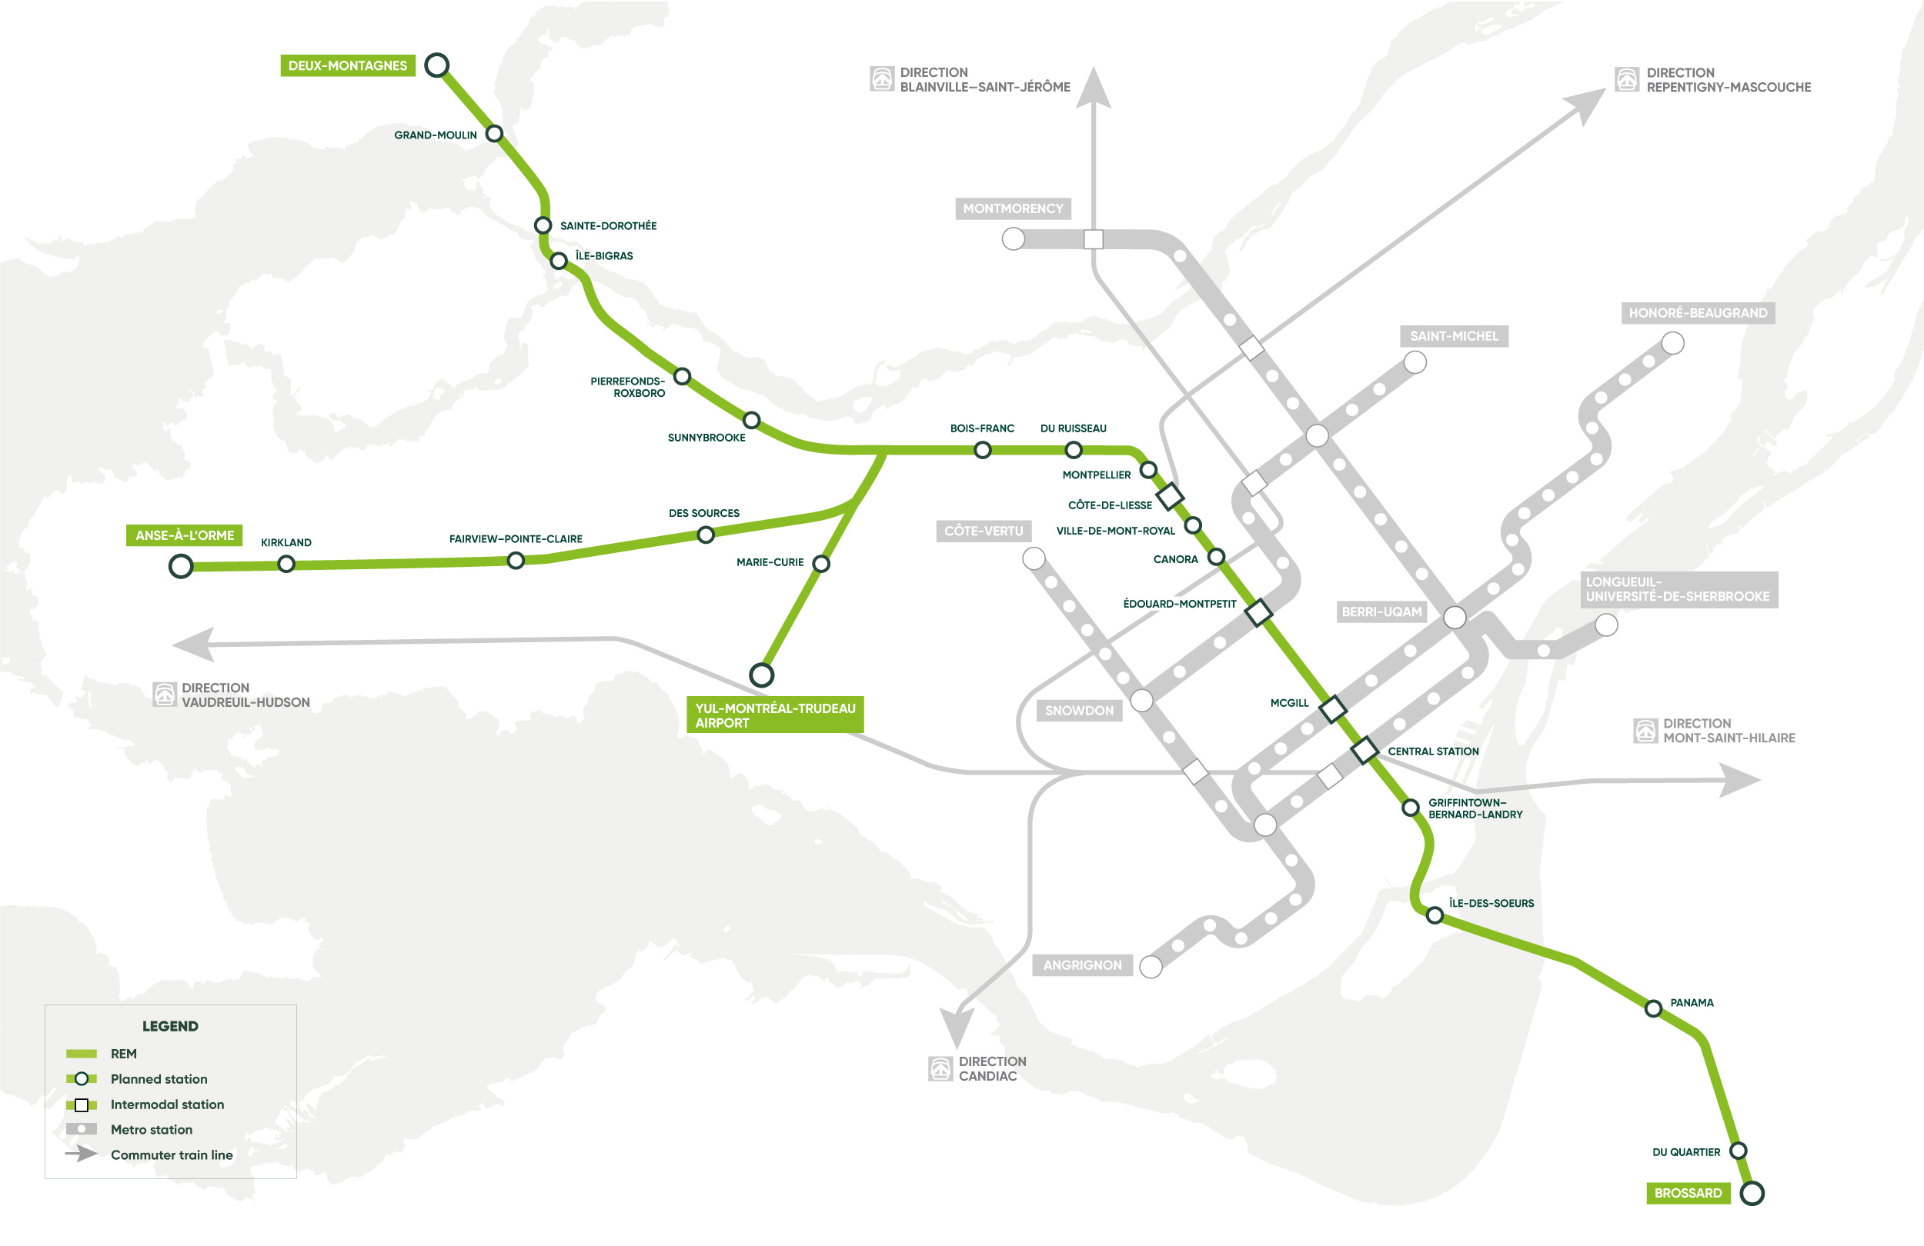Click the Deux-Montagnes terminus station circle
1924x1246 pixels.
[436, 65]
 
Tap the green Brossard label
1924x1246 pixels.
[1687, 1193]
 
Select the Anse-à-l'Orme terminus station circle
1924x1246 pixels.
[180, 566]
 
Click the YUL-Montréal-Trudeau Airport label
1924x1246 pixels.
[774, 715]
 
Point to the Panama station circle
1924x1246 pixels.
[1653, 1008]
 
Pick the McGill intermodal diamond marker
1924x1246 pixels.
[1332, 708]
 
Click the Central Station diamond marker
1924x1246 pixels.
[1365, 750]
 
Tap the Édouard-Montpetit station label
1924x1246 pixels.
[1179, 604]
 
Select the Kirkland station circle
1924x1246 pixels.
[286, 564]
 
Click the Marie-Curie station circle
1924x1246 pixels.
[820, 563]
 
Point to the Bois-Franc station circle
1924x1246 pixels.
[982, 450]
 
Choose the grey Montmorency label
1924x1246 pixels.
[1012, 208]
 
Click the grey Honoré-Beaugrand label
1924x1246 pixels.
[1697, 313]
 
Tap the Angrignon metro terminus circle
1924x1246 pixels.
[1151, 965]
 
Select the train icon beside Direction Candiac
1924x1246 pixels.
[940, 1068]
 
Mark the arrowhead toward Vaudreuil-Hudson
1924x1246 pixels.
[192, 644]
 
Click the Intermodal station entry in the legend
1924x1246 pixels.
[166, 1104]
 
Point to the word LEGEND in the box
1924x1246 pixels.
[170, 1025]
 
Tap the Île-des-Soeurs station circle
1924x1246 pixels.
[1434, 915]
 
